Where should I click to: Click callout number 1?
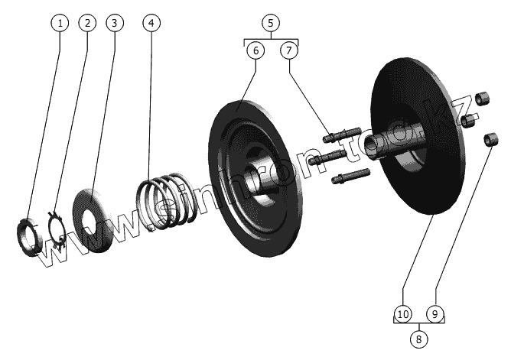[60, 23]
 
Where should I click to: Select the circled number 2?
[88, 23]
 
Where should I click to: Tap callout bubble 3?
[114, 23]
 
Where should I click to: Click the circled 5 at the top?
[271, 22]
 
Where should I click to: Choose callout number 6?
[255, 50]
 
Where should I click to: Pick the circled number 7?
[288, 50]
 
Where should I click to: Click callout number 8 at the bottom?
[418, 337]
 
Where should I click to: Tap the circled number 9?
[435, 313]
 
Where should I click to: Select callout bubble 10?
[403, 313]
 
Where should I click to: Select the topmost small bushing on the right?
[482, 99]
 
